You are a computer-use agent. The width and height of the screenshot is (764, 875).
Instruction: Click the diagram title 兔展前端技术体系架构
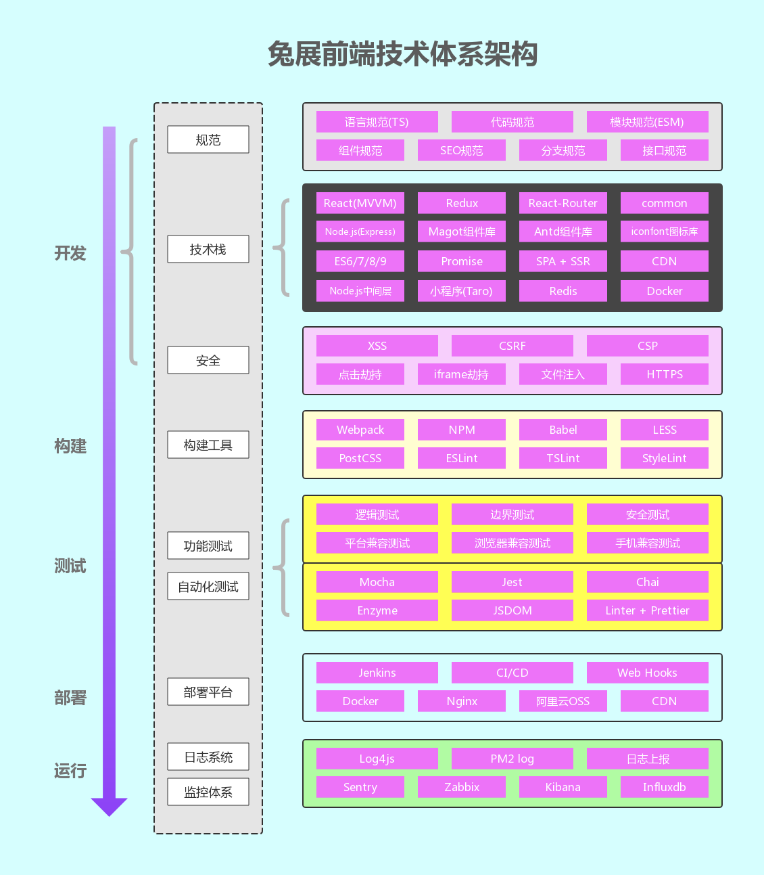(x=402, y=54)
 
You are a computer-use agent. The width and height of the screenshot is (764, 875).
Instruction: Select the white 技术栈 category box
(x=208, y=249)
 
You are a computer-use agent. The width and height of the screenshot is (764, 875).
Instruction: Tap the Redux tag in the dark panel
(x=462, y=203)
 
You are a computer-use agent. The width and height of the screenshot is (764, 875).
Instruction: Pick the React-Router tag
(x=563, y=203)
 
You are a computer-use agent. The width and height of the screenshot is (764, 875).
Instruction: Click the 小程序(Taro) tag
(x=462, y=291)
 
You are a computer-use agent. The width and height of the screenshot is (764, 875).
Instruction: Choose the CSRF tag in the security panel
(x=512, y=346)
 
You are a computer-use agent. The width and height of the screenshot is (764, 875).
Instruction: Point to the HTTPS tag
(x=665, y=374)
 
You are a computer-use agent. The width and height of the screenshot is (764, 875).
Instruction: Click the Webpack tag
(x=360, y=429)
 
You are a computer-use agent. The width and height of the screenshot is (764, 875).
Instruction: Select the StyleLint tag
(x=665, y=458)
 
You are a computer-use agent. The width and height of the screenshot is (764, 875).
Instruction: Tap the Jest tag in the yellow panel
(x=512, y=581)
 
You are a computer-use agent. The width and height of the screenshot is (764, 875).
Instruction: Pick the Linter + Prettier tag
(x=647, y=610)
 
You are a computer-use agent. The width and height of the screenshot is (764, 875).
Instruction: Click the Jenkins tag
(x=377, y=672)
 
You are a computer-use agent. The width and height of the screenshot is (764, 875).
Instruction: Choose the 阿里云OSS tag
(x=563, y=701)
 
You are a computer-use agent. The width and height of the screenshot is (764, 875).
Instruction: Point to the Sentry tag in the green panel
(x=360, y=787)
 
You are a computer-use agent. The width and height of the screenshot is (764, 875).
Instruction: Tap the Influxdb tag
(x=665, y=787)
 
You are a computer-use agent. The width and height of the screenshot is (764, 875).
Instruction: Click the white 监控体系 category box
(x=208, y=792)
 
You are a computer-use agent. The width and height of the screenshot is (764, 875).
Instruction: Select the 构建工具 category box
(x=208, y=445)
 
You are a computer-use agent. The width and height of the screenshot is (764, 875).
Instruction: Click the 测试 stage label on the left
(x=70, y=566)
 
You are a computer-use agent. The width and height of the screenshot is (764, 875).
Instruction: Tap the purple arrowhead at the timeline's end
(x=110, y=807)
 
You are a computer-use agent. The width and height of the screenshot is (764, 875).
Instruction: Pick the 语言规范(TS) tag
(x=377, y=122)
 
